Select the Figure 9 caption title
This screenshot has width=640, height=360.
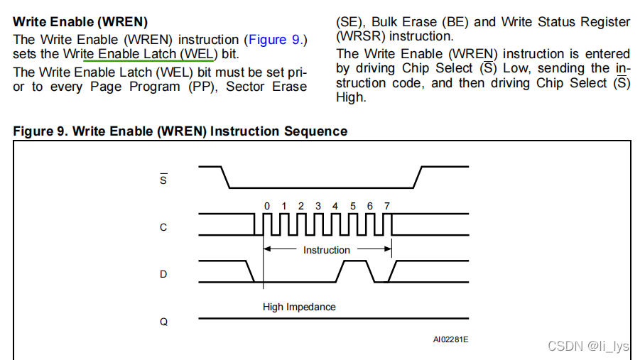(x=180, y=131)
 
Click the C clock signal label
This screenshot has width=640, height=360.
(x=163, y=227)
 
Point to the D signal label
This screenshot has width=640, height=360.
(x=163, y=274)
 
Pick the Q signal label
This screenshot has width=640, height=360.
(x=163, y=321)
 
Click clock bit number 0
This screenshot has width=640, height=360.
(x=266, y=206)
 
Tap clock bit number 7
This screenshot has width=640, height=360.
(x=387, y=206)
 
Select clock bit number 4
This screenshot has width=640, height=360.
(x=335, y=206)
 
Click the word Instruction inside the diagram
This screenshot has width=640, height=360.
(x=327, y=250)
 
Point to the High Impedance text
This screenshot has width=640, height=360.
(x=299, y=307)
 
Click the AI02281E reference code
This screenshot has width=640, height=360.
(x=450, y=339)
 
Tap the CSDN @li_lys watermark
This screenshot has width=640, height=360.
(x=588, y=346)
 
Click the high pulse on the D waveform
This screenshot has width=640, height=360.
(x=354, y=261)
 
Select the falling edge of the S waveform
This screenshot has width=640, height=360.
(x=224, y=178)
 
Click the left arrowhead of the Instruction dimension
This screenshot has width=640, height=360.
(x=267, y=249)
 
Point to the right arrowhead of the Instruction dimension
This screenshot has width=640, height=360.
(x=388, y=249)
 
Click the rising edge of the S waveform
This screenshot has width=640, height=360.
(x=418, y=178)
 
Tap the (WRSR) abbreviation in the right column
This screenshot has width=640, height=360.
(x=361, y=36)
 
